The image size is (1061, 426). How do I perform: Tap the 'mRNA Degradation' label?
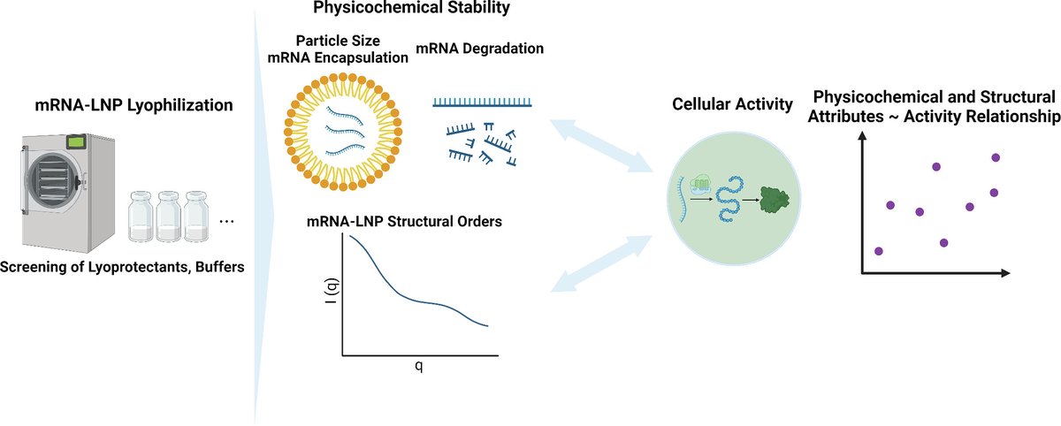tap(480, 49)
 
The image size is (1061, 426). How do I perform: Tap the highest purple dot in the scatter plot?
tap(996, 157)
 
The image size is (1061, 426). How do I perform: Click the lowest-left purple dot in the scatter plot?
tap(878, 251)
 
